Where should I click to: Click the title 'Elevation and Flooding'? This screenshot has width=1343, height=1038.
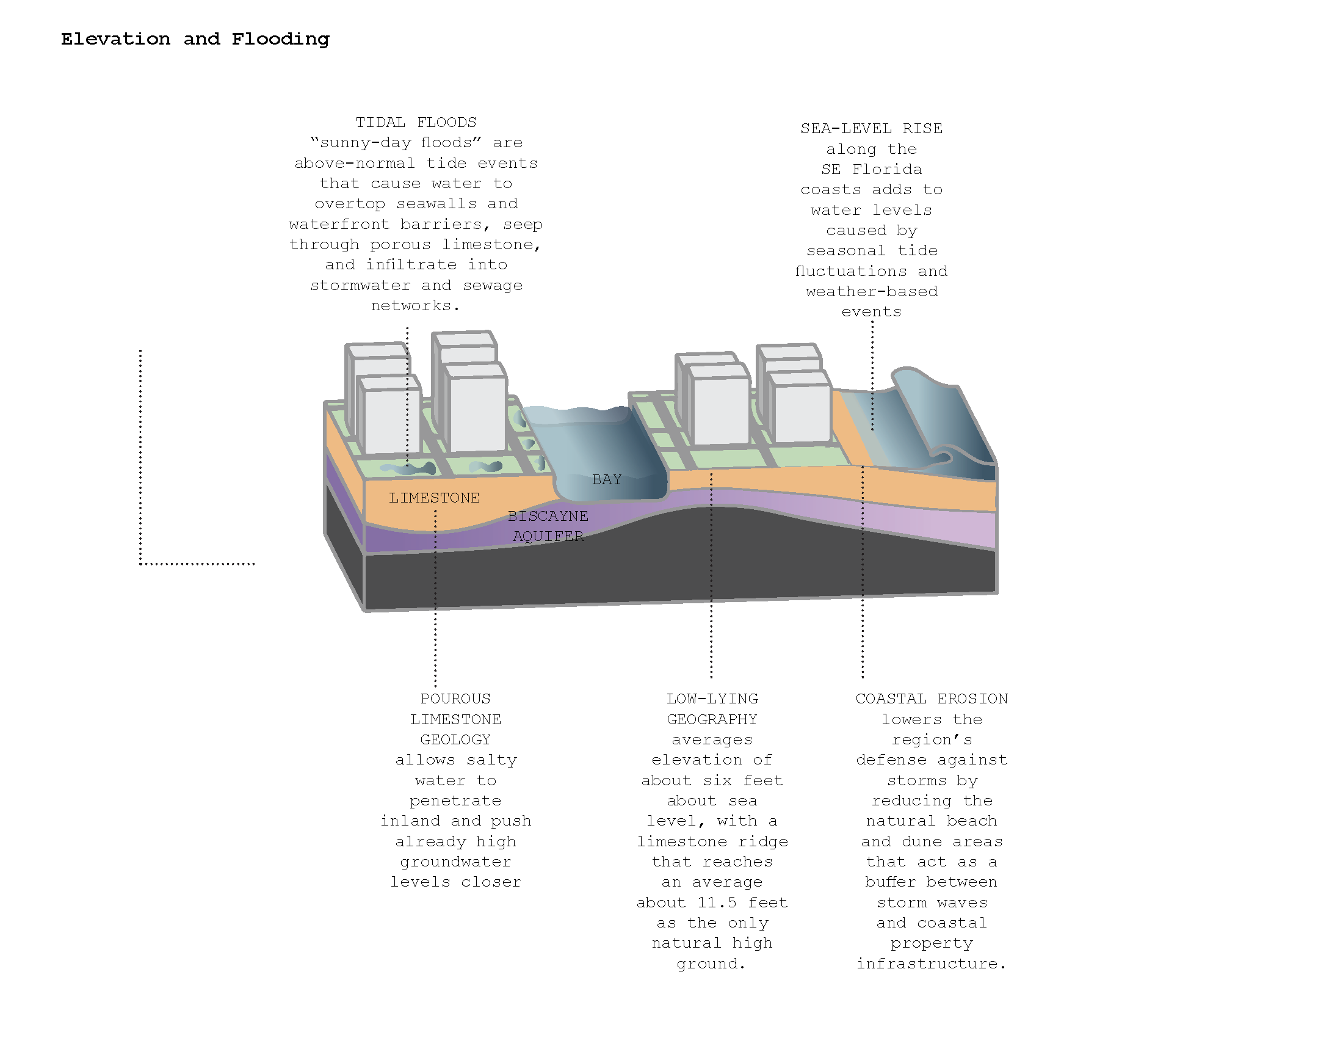coord(195,39)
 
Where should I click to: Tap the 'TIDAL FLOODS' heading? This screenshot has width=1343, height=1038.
coord(416,122)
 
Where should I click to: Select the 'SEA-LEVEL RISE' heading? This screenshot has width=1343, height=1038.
coord(871,128)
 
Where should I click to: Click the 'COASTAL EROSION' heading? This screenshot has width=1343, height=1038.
coord(931,699)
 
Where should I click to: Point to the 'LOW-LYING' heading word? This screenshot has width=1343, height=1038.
coord(712,699)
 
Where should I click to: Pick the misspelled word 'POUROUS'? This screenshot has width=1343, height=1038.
coord(455,699)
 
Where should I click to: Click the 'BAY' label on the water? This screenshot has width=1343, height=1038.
coord(606,479)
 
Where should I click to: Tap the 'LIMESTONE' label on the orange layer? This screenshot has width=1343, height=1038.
coord(433,498)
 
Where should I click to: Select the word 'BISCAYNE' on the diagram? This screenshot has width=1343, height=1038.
coord(548,516)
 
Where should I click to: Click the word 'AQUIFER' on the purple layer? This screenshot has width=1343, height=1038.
coord(548,536)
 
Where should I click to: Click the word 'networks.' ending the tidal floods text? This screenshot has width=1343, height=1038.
coord(415,306)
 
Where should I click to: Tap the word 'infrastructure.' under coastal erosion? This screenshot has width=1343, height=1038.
coord(931,964)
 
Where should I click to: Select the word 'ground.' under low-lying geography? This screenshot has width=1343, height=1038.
coord(711,964)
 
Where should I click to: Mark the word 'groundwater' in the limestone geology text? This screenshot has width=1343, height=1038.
coord(455,862)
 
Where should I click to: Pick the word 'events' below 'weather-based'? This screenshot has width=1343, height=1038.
coord(871,312)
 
